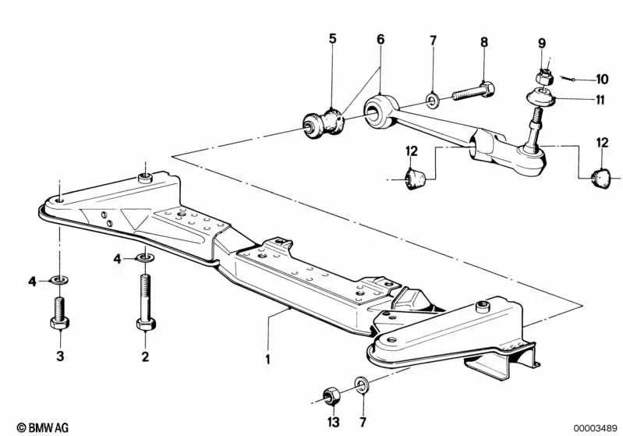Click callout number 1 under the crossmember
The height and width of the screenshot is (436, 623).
click(x=267, y=360)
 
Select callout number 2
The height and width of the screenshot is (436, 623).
click(x=145, y=358)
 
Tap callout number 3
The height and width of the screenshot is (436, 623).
click(x=59, y=358)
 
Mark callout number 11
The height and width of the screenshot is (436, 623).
click(x=601, y=99)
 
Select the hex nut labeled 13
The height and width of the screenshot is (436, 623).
click(x=330, y=395)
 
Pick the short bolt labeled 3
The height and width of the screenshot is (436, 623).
click(x=59, y=312)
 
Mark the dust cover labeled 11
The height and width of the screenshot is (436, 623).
click(x=539, y=98)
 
